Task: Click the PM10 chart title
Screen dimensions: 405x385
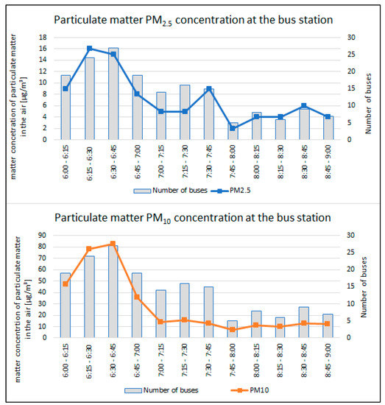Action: click(193, 218)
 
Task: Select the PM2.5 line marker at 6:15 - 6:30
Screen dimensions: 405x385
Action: click(89, 49)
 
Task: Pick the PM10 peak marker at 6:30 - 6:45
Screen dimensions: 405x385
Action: click(113, 244)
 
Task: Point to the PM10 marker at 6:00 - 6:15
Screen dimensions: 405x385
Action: click(66, 283)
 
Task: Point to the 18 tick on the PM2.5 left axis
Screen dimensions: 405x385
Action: click(46, 38)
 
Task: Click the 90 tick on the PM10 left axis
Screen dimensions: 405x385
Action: click(44, 236)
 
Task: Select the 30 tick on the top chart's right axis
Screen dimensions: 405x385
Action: click(348, 38)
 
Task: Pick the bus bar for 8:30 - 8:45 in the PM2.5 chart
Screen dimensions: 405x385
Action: click(304, 124)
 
